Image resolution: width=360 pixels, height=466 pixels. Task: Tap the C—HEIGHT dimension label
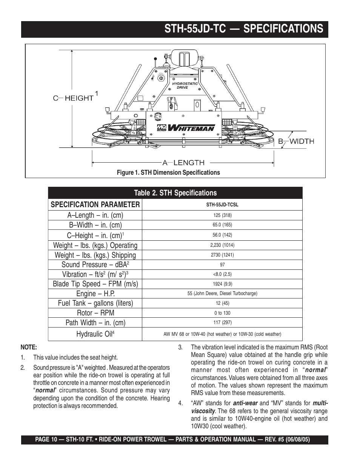[x=73, y=98]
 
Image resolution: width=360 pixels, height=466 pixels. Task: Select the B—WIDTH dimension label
[x=296, y=141]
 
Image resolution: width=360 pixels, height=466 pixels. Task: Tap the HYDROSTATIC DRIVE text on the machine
[x=185, y=86]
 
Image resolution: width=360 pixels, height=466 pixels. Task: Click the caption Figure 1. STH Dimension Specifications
[x=168, y=172]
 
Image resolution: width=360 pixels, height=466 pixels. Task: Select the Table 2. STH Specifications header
[x=175, y=193]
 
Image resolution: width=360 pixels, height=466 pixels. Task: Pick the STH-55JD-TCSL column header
[x=222, y=205]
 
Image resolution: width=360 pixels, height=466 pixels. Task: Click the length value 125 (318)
[x=222, y=215]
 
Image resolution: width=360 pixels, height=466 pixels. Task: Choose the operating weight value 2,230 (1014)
[x=222, y=245]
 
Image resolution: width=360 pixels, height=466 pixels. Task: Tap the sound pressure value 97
[x=222, y=265]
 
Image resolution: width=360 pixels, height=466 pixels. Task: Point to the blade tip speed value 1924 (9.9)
[x=222, y=284]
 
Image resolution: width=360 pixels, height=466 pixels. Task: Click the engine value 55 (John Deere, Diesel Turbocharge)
[x=222, y=294]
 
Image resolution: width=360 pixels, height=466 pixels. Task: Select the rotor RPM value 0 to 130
[x=222, y=313]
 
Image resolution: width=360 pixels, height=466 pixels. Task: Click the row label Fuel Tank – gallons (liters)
[x=95, y=303]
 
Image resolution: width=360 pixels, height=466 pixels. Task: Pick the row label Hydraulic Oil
[x=95, y=334]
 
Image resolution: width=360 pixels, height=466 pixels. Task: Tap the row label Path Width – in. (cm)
[x=95, y=323]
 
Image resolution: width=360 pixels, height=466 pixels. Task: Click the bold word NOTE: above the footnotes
[x=28, y=348]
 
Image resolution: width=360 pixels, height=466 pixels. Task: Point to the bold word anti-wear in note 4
[x=245, y=403]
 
